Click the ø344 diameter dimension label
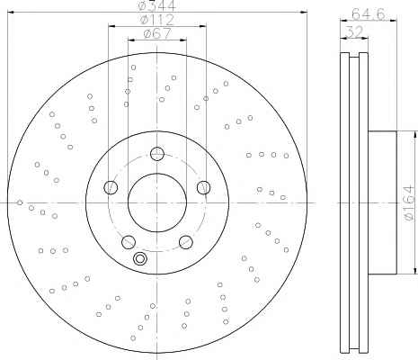pyautogui.click(x=157, y=5)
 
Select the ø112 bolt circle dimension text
pyautogui.click(x=157, y=20)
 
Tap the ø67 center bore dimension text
pyautogui.click(x=157, y=33)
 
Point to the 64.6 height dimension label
pyautogui.click(x=369, y=13)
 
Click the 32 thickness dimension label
pyautogui.click(x=354, y=31)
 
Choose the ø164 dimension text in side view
pyautogui.click(x=410, y=203)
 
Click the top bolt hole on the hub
pyautogui.click(x=157, y=154)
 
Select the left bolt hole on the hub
pyautogui.click(x=111, y=187)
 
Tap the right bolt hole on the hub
pyautogui.click(x=204, y=187)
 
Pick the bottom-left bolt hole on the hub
pyautogui.click(x=129, y=242)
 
